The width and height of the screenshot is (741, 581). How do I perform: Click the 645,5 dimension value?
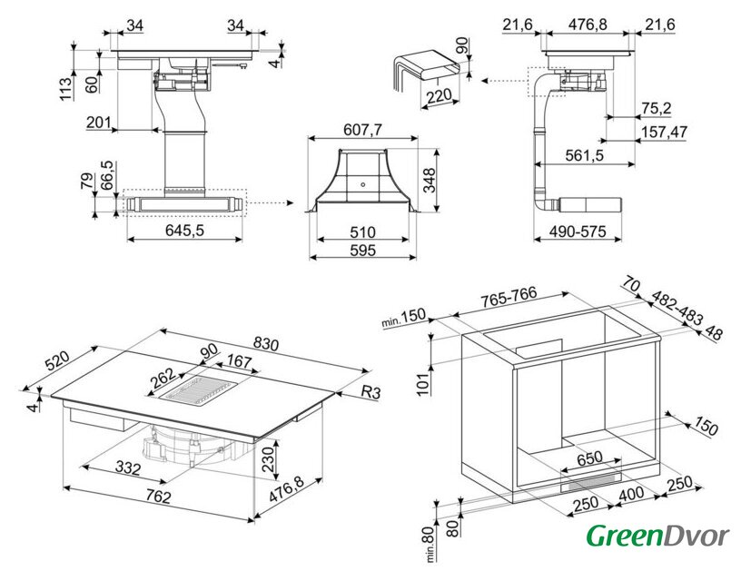pyautogui.click(x=184, y=230)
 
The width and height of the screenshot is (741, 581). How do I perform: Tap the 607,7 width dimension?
pyautogui.click(x=362, y=130)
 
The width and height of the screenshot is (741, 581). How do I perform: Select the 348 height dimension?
pyautogui.click(x=430, y=180)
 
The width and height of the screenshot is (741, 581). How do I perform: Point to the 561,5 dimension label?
pyautogui.click(x=584, y=155)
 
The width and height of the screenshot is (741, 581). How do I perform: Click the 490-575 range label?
pyautogui.click(x=578, y=231)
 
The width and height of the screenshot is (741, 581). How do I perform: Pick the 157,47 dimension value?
pyautogui.click(x=664, y=132)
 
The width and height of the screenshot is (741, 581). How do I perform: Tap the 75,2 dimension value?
pyautogui.click(x=656, y=108)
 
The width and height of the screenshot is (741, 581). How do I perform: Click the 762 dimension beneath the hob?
pyautogui.click(x=158, y=497)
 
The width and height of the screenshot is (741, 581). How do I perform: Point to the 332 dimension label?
pyautogui.click(x=128, y=468)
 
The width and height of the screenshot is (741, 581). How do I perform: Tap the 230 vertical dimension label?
pyautogui.click(x=268, y=458)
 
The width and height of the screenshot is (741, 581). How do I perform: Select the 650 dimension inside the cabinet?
pyautogui.click(x=589, y=458)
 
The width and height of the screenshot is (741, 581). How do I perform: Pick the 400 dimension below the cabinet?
pyautogui.click(x=630, y=494)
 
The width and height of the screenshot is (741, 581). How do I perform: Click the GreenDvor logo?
pyautogui.click(x=657, y=537)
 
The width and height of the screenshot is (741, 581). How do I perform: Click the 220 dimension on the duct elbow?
pyautogui.click(x=439, y=97)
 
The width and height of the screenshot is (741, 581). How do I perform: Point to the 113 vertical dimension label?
pyautogui.click(x=65, y=88)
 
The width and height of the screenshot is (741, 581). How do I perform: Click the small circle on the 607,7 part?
pyautogui.click(x=362, y=184)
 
